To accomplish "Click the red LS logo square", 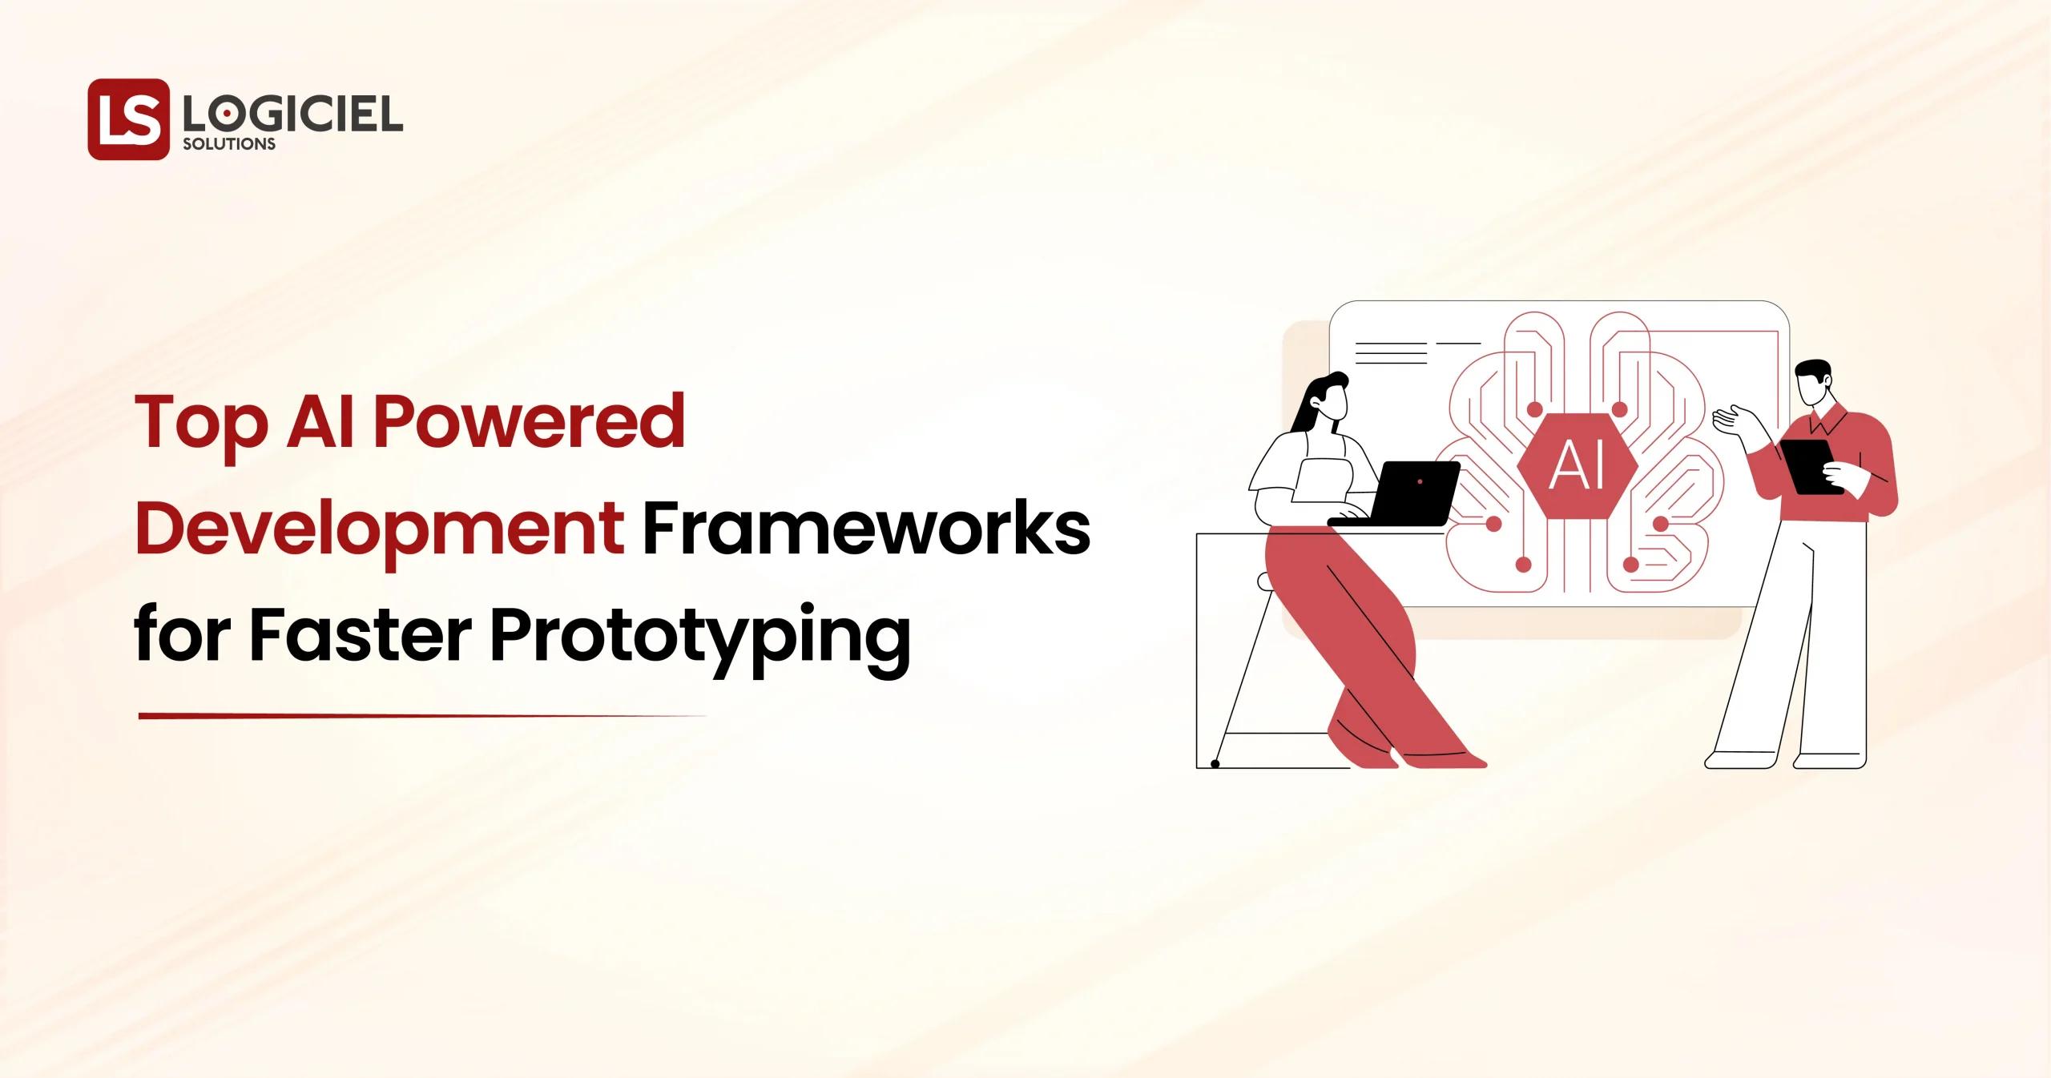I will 128,119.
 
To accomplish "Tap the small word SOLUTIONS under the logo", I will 229,145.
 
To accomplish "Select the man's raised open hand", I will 1727,420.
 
